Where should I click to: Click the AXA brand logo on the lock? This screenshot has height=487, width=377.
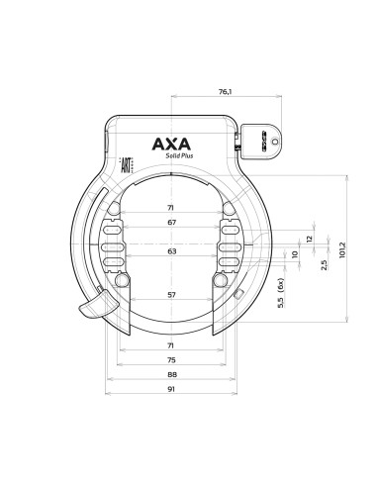[172, 145]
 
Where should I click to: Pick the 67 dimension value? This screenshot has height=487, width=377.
[172, 224]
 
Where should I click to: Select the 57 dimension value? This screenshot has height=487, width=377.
[172, 295]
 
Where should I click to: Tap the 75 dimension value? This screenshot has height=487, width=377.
[172, 360]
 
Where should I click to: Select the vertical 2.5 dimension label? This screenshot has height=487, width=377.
[325, 266]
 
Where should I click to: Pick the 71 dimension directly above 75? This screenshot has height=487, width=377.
[172, 345]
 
